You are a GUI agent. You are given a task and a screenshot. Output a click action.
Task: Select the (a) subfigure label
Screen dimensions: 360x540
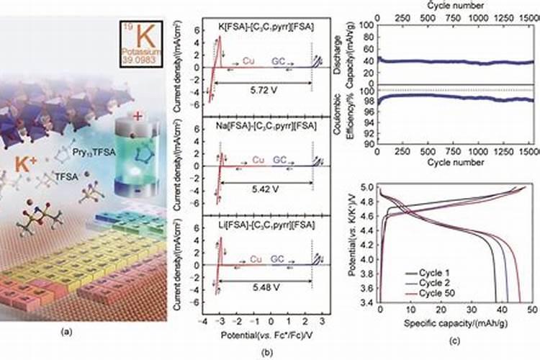click(67, 333)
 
